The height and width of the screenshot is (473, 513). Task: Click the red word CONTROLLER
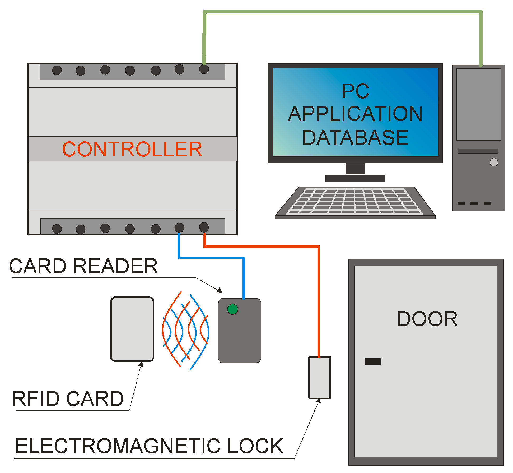(x=132, y=149)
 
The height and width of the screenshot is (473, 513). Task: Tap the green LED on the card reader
(x=232, y=309)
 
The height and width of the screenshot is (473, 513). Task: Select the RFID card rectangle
(x=132, y=329)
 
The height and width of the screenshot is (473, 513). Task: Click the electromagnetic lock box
(x=320, y=378)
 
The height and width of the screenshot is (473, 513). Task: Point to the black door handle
(x=372, y=361)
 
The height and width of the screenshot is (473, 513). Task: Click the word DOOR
(x=427, y=319)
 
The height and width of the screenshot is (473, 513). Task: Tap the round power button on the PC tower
(x=494, y=162)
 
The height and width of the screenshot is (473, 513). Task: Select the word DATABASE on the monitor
(x=355, y=138)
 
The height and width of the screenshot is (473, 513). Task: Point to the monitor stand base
(x=355, y=178)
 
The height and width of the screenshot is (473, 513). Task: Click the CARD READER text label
(x=83, y=266)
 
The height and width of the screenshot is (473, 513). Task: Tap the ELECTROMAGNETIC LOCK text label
(x=149, y=446)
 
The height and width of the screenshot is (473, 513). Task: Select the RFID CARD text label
(x=68, y=399)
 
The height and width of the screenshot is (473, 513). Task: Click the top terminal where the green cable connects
(x=204, y=69)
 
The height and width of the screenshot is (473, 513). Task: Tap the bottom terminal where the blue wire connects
(x=179, y=228)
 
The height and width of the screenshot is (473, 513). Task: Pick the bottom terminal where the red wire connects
(x=204, y=227)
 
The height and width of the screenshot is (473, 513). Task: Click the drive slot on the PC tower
(x=478, y=151)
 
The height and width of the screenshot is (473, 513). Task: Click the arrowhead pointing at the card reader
(x=220, y=290)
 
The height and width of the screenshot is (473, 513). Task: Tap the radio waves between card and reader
(x=186, y=330)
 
